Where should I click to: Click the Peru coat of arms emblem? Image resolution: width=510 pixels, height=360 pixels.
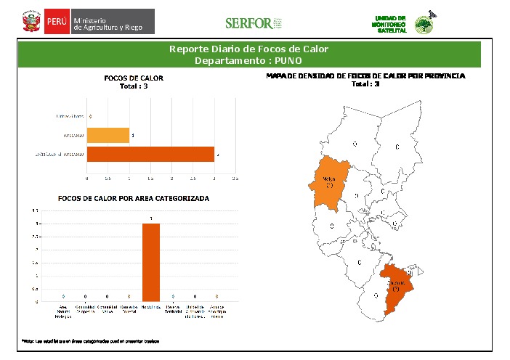31,22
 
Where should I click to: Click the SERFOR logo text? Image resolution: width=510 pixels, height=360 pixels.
248,23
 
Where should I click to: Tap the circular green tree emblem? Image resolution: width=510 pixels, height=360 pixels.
423,25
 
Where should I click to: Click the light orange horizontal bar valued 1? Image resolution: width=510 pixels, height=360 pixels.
108,135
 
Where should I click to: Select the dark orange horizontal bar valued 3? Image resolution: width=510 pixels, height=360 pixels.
150,154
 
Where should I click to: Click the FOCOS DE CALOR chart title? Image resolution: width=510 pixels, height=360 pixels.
134,78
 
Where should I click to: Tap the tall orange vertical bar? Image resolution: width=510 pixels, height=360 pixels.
151,261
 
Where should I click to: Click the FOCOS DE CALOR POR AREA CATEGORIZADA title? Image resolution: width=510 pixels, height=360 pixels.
134,197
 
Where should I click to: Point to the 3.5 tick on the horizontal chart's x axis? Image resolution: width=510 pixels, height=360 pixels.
235,177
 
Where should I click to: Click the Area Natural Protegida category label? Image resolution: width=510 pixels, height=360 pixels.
65,311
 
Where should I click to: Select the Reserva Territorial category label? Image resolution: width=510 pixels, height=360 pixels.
172,311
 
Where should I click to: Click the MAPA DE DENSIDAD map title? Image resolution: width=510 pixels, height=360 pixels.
365,75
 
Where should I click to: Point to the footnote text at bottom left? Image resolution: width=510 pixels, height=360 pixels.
90,340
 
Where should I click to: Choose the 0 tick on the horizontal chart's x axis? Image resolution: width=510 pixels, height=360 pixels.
87,177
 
